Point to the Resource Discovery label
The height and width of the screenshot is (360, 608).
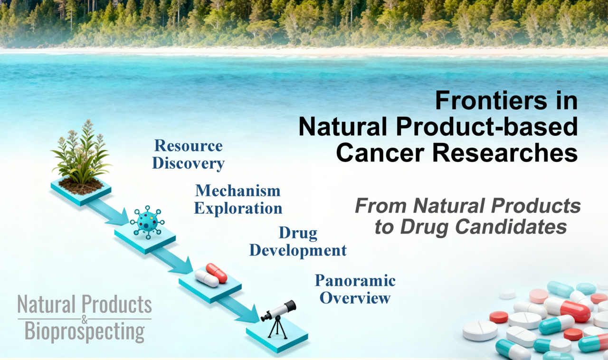188,154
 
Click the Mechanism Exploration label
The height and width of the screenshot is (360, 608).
238,199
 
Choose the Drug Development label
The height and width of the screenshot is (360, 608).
298,242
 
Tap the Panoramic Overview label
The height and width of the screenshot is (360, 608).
355,289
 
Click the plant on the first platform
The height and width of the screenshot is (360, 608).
81,152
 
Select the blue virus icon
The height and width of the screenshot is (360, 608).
147,221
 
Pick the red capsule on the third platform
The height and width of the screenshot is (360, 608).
217,273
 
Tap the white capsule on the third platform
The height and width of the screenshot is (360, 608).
207,278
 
